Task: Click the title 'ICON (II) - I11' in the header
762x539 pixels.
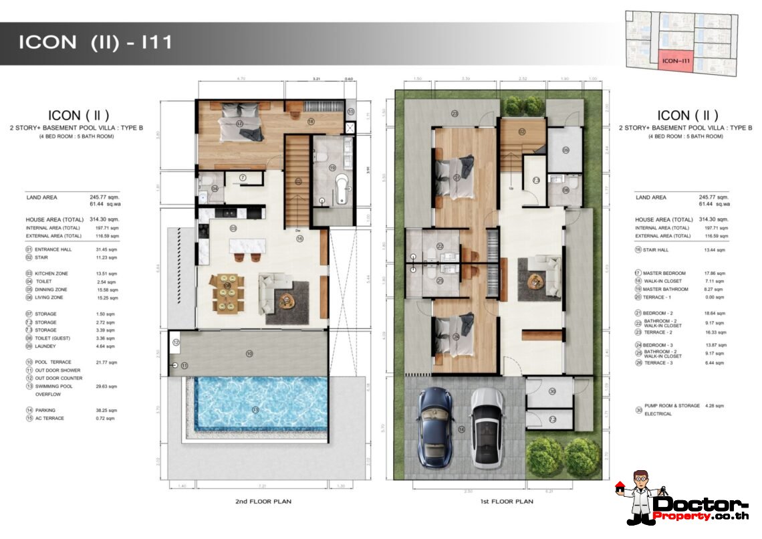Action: click(x=95, y=43)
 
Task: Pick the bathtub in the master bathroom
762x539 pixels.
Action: click(x=340, y=188)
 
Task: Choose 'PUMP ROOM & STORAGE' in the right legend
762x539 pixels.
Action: click(x=668, y=406)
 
